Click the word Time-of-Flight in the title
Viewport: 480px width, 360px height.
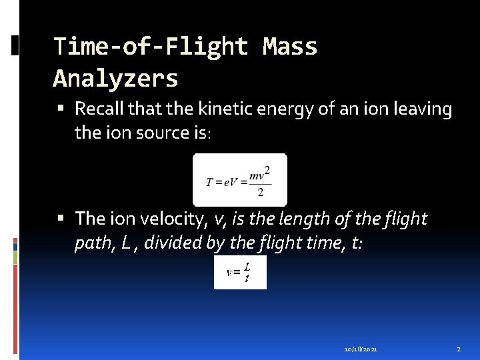point(151,47)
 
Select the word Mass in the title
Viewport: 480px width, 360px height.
point(290,47)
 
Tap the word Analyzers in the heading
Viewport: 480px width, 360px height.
point(115,79)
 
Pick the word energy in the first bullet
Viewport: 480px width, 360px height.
point(270,108)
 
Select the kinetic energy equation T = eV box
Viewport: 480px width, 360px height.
point(239,179)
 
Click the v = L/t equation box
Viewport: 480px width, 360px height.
point(240,272)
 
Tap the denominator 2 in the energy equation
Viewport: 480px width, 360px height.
point(259,192)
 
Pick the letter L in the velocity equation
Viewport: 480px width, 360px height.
point(247,266)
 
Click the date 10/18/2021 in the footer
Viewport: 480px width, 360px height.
point(361,349)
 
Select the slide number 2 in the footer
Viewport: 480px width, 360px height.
point(459,349)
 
